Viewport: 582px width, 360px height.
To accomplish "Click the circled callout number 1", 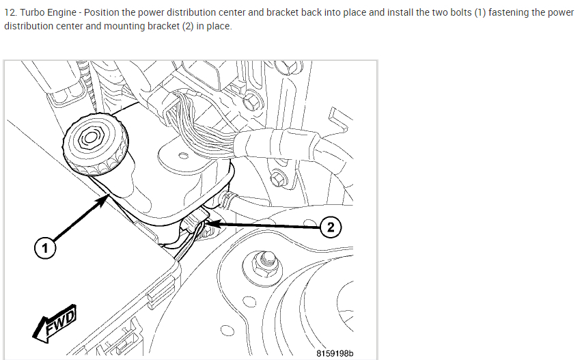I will pos(45,249).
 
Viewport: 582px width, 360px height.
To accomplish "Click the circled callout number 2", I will pos(331,227).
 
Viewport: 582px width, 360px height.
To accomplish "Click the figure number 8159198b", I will pos(335,353).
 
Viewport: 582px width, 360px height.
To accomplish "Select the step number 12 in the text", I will pos(9,13).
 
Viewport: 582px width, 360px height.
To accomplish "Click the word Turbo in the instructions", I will pos(33,13).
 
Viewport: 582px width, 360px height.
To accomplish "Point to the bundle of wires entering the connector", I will pos(195,116).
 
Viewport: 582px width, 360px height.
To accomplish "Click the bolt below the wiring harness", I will pos(277,179).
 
